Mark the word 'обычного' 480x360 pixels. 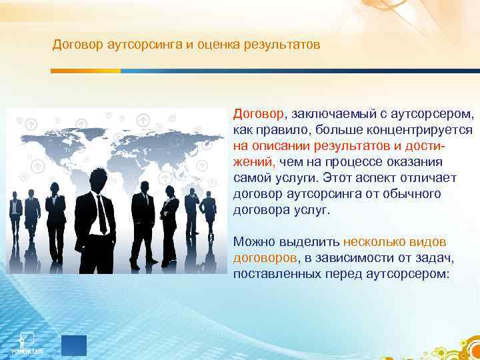(413, 193)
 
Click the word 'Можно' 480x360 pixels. (253, 241)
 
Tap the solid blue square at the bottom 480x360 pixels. (74, 345)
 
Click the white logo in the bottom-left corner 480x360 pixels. (27, 341)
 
